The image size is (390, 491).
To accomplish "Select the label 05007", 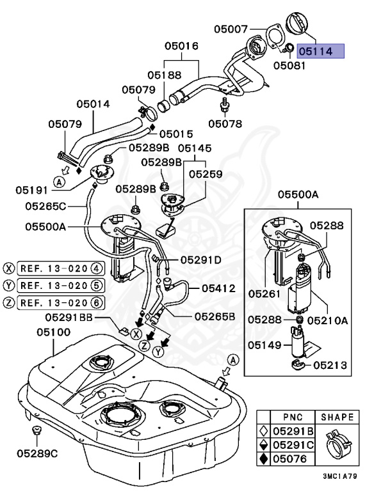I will point(231,29).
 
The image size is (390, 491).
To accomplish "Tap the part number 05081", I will point(289,65).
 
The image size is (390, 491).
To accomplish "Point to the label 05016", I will point(181,46).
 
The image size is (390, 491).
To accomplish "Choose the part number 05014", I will point(93,104).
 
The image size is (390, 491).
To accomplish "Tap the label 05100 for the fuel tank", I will point(54,332).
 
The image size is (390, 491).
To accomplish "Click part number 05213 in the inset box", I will point(330,366).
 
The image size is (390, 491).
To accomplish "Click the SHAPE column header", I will point(337,417).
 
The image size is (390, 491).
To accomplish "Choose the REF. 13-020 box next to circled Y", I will point(59,285).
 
